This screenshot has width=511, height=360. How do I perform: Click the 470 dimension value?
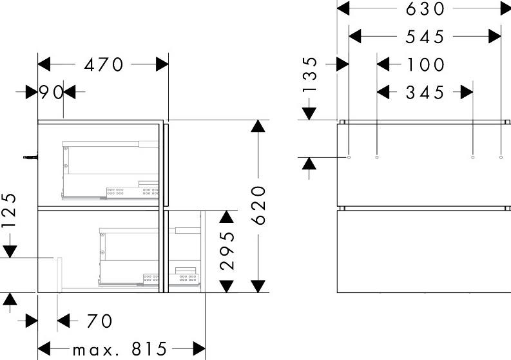coord(104,64)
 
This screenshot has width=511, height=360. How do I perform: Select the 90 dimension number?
coord(51,92)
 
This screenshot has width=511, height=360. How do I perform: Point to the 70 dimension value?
coord(99,321)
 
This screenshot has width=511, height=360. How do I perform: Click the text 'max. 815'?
coord(120,350)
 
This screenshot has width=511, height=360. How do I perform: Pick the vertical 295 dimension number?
coord(227,251)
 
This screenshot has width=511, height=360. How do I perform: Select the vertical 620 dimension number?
coord(259,205)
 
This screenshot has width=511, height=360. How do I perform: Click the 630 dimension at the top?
coord(425,9)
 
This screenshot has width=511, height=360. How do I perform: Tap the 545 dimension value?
coord(425,37)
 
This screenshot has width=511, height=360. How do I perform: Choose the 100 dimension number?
coord(425,64)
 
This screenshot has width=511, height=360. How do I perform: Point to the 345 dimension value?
coord(425,93)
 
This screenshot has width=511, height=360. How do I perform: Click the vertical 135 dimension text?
coord(309,75)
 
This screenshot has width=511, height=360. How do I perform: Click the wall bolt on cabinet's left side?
coord(31,157)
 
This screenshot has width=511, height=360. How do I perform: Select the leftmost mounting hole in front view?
coord(349,157)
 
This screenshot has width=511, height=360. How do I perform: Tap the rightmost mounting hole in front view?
coord(501,157)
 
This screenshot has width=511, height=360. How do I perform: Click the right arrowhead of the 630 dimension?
coord(505,8)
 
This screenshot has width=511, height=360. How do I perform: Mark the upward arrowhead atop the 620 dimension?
coord(258,126)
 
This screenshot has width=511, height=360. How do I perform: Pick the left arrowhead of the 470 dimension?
coord(44,64)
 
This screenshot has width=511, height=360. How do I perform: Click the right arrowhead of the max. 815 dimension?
coord(199,349)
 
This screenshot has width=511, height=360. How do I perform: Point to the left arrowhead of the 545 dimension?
coord(355,36)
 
